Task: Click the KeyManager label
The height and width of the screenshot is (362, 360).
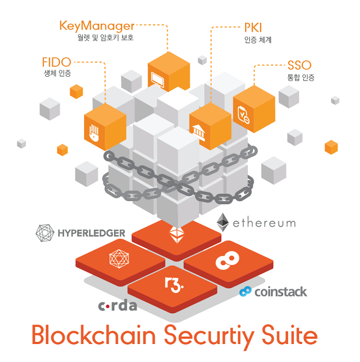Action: click(x=97, y=25)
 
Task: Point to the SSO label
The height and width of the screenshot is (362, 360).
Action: click(x=299, y=66)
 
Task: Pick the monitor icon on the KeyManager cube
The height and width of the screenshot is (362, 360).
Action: click(x=158, y=78)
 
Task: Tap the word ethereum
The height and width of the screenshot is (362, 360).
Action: click(x=264, y=222)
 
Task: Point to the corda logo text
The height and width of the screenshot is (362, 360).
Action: click(x=118, y=305)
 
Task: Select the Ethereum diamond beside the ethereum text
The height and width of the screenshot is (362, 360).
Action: click(x=223, y=222)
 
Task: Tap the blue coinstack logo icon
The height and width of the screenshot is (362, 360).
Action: click(x=245, y=291)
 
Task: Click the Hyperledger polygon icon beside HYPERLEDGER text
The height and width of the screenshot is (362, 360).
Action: click(x=44, y=233)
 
